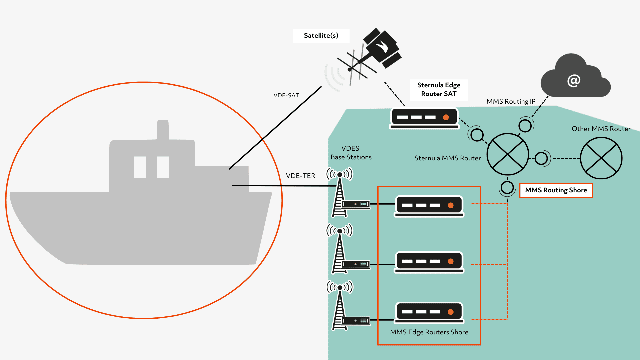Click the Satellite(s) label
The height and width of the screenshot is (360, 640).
click(x=321, y=36)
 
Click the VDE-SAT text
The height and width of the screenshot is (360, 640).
click(x=286, y=95)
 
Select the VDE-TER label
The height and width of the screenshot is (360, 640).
click(x=300, y=176)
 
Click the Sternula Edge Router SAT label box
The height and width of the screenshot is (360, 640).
click(x=439, y=90)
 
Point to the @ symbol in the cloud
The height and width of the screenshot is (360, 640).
click(x=574, y=80)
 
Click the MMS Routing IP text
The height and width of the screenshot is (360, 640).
click(x=511, y=101)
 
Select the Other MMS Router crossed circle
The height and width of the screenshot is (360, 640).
click(x=601, y=158)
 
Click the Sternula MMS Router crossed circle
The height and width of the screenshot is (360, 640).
click(x=507, y=154)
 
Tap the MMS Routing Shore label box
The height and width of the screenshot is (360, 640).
click(x=556, y=190)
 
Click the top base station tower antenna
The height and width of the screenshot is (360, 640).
click(x=340, y=174)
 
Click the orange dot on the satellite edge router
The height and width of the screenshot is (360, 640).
click(x=446, y=117)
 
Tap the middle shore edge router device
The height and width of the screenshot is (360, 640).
click(x=429, y=262)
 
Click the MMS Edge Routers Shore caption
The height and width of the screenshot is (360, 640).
click(x=429, y=332)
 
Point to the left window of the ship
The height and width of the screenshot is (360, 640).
click(x=140, y=167)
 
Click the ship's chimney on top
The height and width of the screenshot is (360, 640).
click(x=163, y=130)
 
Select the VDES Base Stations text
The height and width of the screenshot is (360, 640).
click(x=351, y=153)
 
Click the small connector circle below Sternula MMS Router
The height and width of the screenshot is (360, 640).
click(x=507, y=188)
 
